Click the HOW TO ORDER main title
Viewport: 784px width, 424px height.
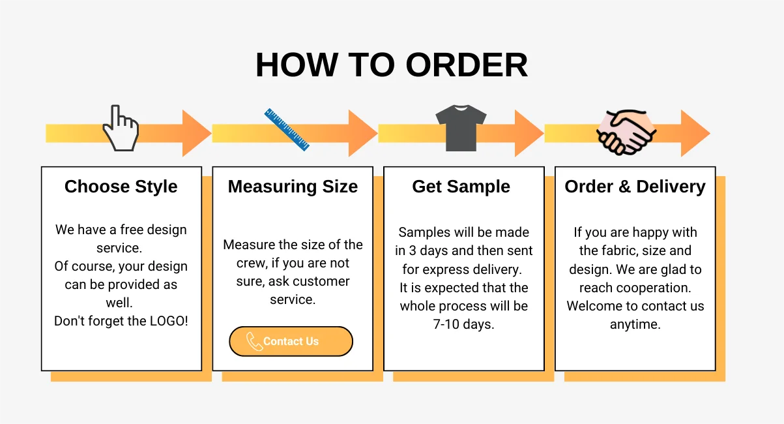pyautogui.click(x=392, y=65)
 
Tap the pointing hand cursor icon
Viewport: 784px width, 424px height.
pyautogui.click(x=121, y=129)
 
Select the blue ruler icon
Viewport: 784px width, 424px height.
pyautogui.click(x=287, y=129)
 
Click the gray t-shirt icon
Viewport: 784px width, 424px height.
pyautogui.click(x=461, y=128)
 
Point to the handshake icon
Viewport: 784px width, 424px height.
pyautogui.click(x=626, y=132)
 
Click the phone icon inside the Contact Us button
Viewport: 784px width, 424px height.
pyautogui.click(x=254, y=341)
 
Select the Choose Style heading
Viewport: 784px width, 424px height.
pyautogui.click(x=121, y=187)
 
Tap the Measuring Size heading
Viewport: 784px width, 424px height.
pyautogui.click(x=293, y=187)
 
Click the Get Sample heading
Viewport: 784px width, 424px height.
pyautogui.click(x=461, y=187)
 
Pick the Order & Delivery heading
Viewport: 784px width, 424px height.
pyautogui.click(x=635, y=187)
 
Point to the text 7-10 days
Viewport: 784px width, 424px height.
pyautogui.click(x=463, y=324)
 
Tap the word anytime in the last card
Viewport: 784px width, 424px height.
pyautogui.click(x=635, y=324)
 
